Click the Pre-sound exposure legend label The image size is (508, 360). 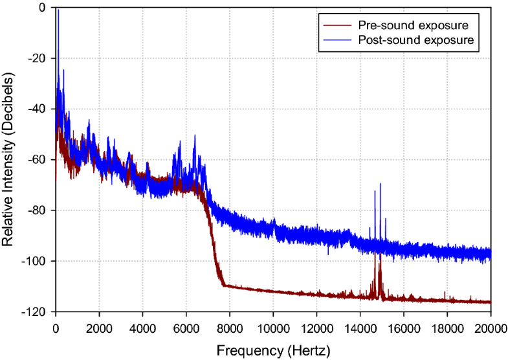tap(413, 25)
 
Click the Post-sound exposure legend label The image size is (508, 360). tap(416, 40)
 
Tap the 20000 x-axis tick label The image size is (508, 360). tap(490, 327)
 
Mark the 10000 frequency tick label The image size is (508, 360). tap(273, 327)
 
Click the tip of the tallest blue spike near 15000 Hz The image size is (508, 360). tap(381, 184)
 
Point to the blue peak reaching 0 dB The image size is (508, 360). tap(58, 10)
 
